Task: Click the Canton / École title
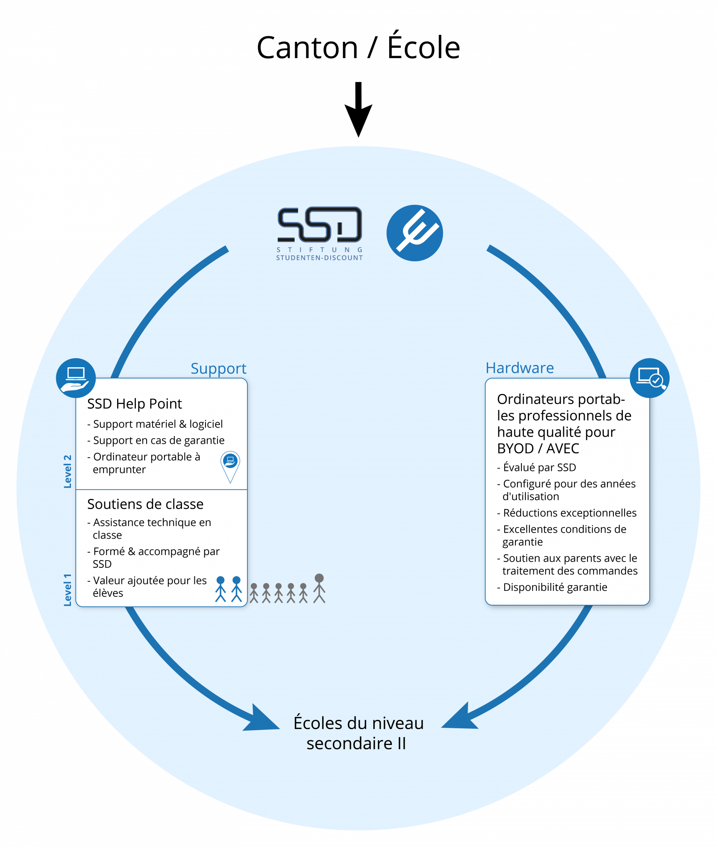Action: (x=358, y=45)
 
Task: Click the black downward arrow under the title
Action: (x=358, y=109)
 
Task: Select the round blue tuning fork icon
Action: (x=415, y=233)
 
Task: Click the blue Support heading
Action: (x=219, y=369)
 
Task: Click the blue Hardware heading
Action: (x=519, y=368)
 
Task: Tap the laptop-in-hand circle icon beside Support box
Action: (x=76, y=378)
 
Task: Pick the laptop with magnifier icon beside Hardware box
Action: (x=650, y=378)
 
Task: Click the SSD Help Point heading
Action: (x=135, y=404)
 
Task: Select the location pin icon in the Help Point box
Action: (x=230, y=467)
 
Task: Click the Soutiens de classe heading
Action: (x=145, y=504)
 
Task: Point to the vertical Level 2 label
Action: (x=67, y=471)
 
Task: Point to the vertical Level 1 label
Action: (x=67, y=590)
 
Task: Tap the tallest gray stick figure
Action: (x=319, y=588)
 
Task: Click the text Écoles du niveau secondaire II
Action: (x=358, y=733)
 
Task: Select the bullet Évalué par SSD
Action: (x=537, y=467)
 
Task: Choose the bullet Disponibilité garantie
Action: (x=552, y=587)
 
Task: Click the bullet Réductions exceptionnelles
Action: (x=566, y=513)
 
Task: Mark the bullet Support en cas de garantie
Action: (x=156, y=440)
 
